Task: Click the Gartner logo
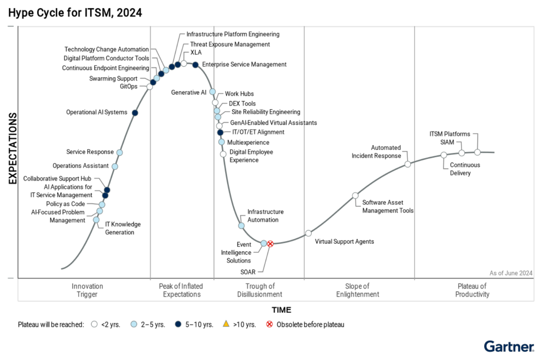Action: [x=509, y=346]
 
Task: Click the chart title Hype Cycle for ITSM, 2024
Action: [x=75, y=13]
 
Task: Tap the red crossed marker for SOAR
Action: [x=270, y=244]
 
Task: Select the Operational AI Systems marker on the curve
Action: [x=135, y=113]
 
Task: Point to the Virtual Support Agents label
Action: [x=344, y=241]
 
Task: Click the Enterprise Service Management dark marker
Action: [x=195, y=65]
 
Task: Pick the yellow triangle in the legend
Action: [x=226, y=324]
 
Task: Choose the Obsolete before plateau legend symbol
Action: [x=270, y=324]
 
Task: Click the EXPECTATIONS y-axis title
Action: [x=13, y=148]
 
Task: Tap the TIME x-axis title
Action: [x=282, y=310]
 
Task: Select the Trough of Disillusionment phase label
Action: [x=260, y=290]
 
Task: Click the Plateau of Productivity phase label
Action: [x=472, y=290]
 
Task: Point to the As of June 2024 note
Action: [x=511, y=273]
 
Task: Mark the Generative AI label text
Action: [x=189, y=92]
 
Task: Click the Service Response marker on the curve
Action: [x=120, y=152]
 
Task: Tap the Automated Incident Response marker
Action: [x=407, y=164]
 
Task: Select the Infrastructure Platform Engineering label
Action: [x=233, y=34]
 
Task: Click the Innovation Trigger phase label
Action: [x=87, y=290]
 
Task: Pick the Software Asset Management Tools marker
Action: [x=355, y=196]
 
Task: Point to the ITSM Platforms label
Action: [x=450, y=134]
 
